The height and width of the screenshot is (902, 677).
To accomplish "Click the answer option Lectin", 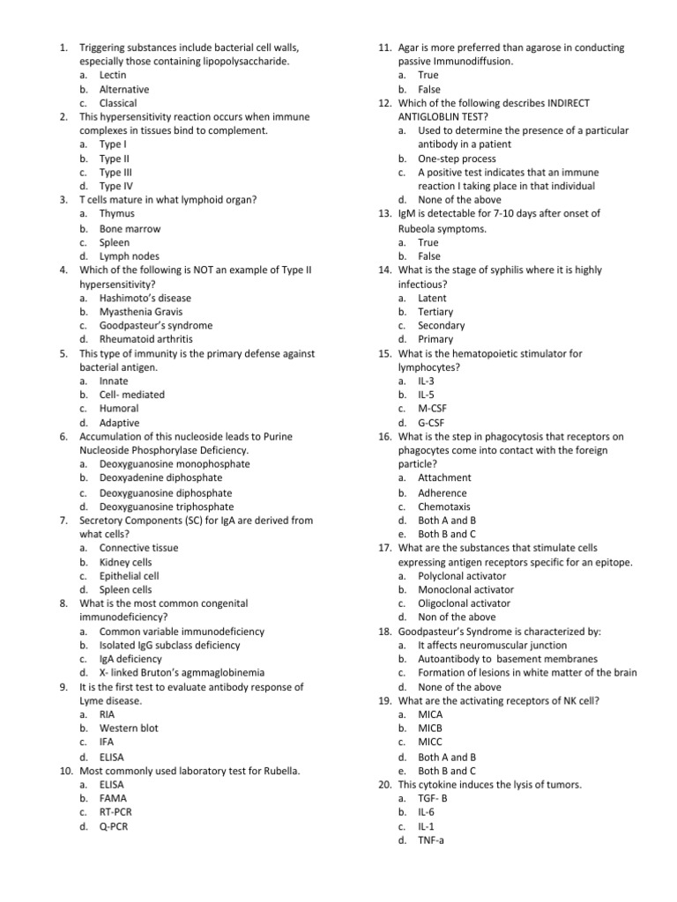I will click(113, 76).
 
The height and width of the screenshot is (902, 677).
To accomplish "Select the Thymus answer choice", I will click(116, 213).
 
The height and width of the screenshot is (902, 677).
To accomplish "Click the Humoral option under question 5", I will click(119, 409).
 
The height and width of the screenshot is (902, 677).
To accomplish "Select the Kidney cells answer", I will click(125, 561).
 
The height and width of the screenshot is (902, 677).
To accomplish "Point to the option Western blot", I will click(129, 728).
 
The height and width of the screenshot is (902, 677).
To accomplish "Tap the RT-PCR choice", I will click(116, 812).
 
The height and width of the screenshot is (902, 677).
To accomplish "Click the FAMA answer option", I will click(114, 798).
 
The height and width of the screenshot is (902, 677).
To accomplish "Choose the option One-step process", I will click(457, 159).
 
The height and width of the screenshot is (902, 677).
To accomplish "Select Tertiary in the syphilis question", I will click(435, 312).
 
